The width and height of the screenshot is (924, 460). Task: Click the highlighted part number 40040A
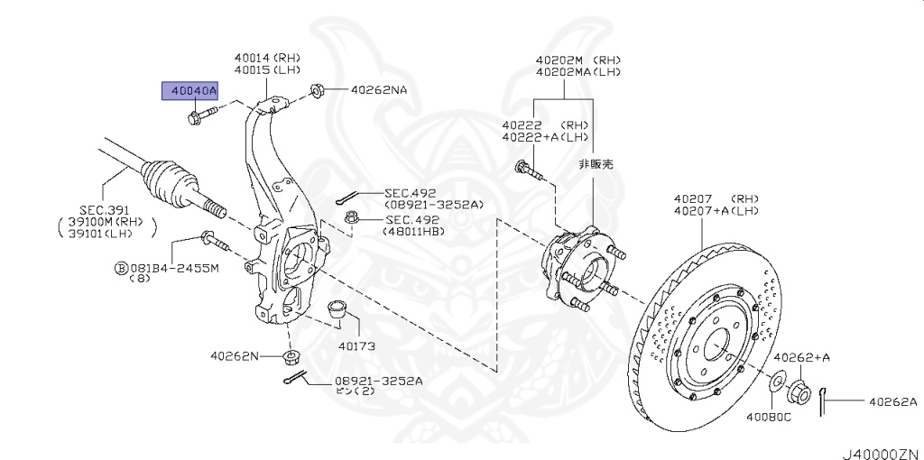[x=189, y=91]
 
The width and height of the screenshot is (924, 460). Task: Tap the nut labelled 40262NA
[x=317, y=90]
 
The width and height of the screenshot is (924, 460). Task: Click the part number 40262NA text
[x=378, y=90]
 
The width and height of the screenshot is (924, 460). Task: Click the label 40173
[x=356, y=345]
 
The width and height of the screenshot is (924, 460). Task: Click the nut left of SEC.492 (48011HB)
[x=354, y=217]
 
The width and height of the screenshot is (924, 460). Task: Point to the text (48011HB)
[x=414, y=231]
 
